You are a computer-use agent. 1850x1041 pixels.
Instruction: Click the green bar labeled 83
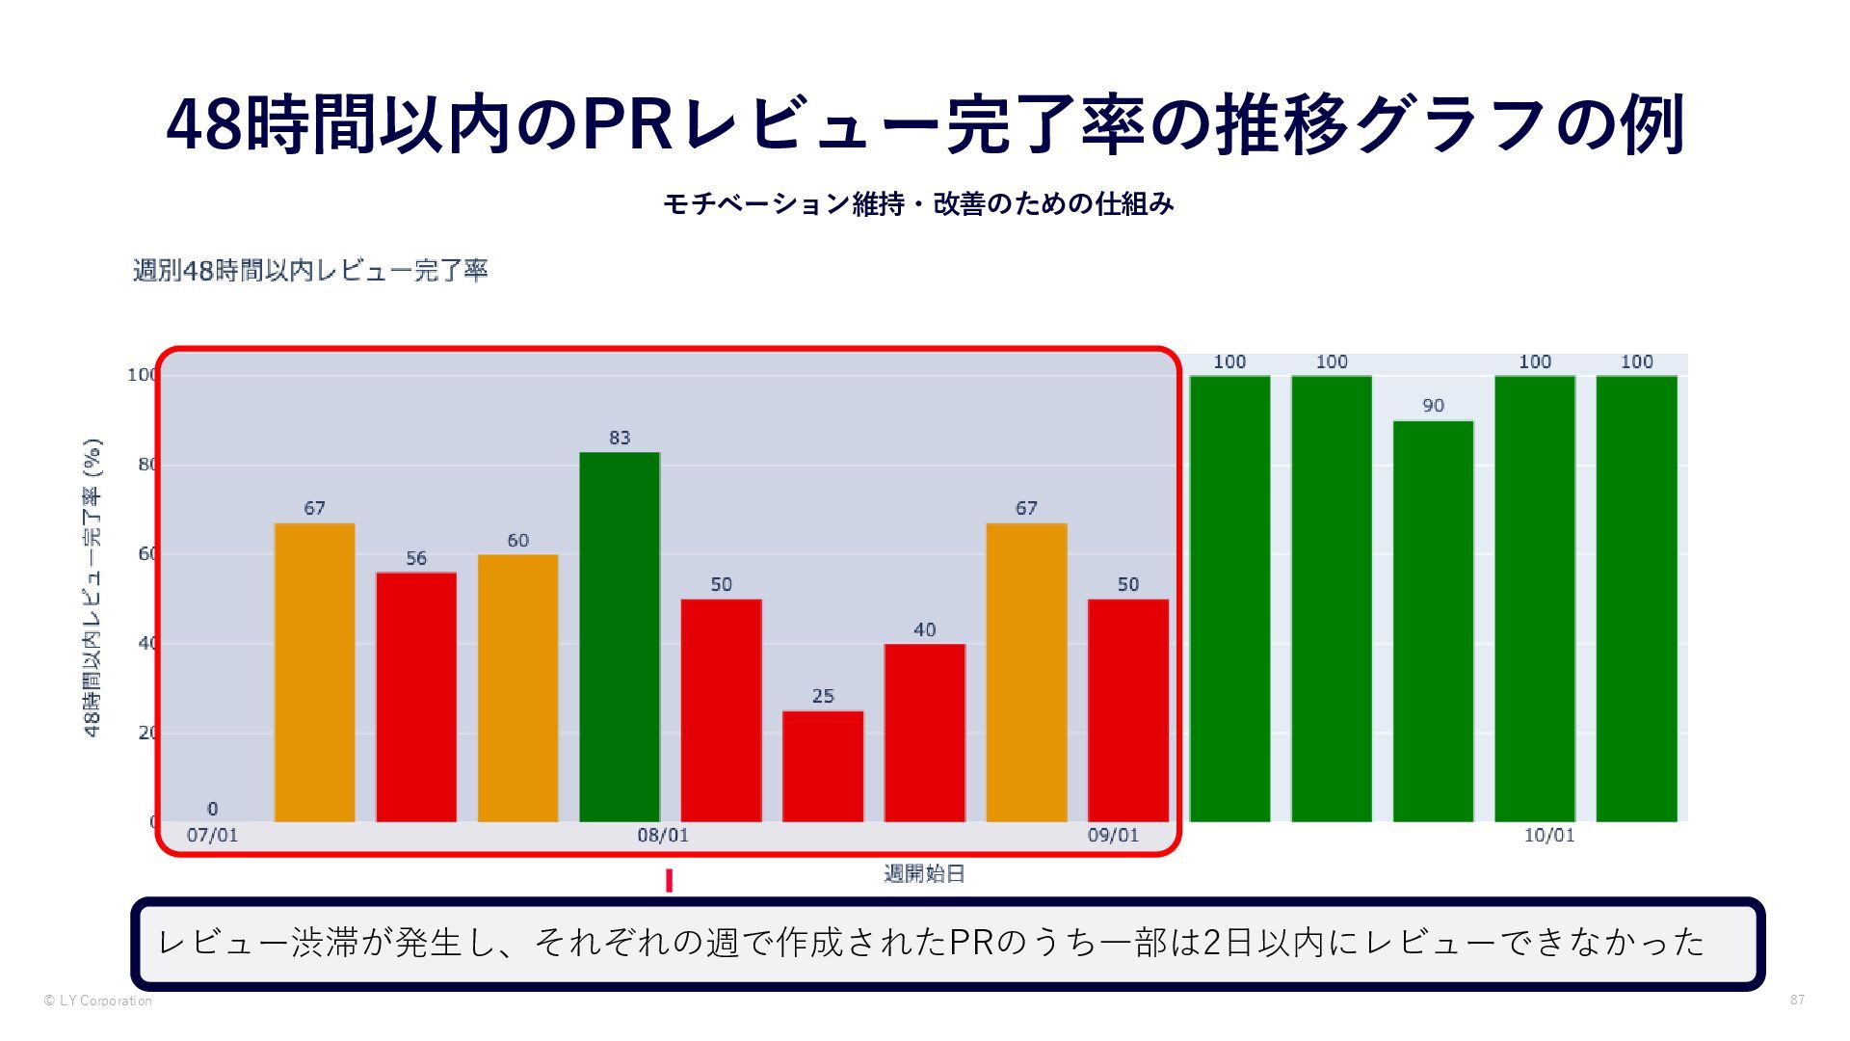pos(620,636)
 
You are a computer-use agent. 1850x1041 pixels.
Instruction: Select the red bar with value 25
pos(823,766)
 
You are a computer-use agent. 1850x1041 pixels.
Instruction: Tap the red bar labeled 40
pos(924,733)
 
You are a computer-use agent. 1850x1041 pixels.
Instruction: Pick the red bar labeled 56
pos(416,697)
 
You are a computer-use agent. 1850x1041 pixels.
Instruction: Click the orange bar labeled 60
pos(517,688)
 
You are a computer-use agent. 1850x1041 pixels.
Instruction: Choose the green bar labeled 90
pos(1433,621)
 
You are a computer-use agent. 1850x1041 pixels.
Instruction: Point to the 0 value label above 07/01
pos(212,809)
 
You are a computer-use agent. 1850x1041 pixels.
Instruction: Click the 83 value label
pos(620,438)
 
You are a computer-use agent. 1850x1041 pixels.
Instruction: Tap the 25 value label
pos(823,696)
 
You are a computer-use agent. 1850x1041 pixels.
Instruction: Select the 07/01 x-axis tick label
pos(212,835)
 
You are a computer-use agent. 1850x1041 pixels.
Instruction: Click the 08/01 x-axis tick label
pos(663,835)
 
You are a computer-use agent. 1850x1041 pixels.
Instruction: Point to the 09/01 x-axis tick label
pos(1113,835)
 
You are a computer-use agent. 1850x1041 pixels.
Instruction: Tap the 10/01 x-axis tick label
pos(1548,835)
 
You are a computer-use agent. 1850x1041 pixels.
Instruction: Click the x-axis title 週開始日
pos(924,874)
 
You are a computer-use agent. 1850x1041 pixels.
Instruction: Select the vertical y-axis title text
pos(93,588)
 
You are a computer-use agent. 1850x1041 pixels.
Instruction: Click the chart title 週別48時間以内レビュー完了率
pos(310,270)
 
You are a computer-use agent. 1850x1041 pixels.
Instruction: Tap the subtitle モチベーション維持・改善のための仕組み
pos(918,204)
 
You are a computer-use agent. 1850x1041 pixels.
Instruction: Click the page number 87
pos(1797,1001)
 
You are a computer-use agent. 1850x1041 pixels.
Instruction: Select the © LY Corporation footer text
pos(97,1001)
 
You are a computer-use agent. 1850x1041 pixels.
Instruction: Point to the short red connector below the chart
pos(669,881)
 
